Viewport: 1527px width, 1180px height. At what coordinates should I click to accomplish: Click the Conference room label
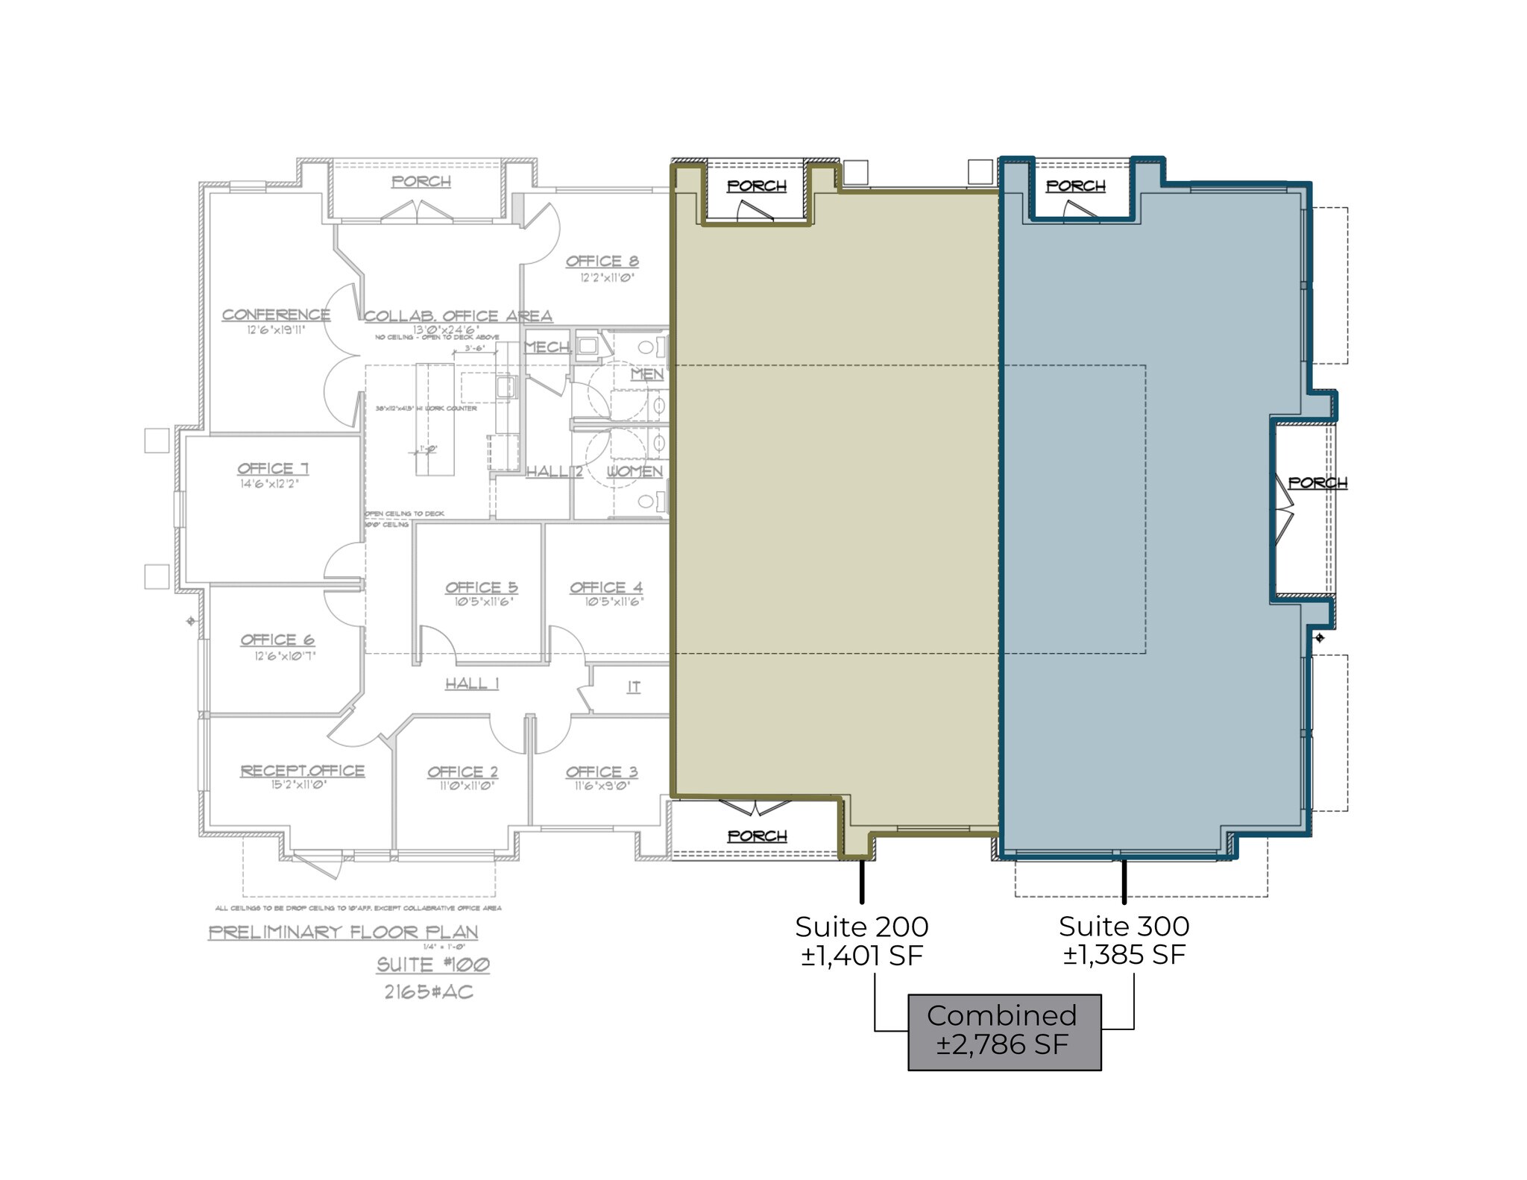click(276, 315)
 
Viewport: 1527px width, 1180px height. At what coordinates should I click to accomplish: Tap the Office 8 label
click(602, 261)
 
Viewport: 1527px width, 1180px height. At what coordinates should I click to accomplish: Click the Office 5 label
click(481, 587)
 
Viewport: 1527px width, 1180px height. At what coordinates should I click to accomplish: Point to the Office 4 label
click(605, 587)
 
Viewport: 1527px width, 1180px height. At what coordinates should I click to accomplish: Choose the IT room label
click(633, 687)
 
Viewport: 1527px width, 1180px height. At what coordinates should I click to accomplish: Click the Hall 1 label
click(472, 684)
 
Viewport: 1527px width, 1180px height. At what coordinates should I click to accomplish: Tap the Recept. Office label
click(302, 771)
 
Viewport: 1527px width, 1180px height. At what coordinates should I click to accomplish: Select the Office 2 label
click(462, 772)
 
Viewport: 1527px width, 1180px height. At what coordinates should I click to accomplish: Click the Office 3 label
click(601, 772)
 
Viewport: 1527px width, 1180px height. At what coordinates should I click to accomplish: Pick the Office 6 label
click(277, 640)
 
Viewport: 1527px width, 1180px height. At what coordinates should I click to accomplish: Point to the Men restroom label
click(646, 374)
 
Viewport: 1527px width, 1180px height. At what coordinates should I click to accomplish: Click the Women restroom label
click(634, 471)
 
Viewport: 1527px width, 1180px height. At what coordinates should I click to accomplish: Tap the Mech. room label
click(548, 347)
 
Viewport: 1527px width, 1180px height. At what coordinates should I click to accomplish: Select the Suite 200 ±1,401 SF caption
click(861, 941)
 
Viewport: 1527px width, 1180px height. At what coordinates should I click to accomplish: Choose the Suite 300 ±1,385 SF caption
click(1124, 941)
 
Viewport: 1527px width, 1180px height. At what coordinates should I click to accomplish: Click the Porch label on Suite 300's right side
click(1317, 483)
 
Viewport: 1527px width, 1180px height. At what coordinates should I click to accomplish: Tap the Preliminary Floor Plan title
click(343, 932)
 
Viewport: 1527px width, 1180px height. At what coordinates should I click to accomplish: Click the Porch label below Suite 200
click(757, 836)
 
